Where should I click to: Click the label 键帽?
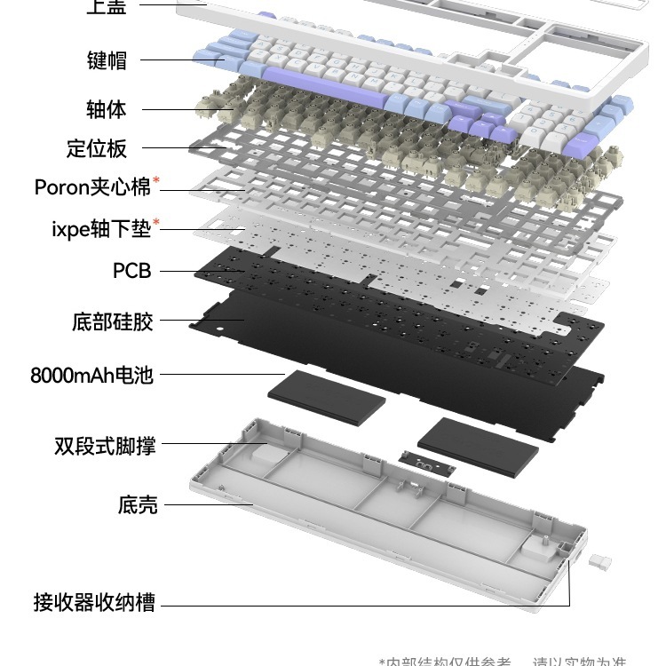pos(107,60)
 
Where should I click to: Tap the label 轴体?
pos(107,109)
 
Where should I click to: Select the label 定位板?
pos(97,147)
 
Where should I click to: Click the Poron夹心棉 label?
pos(92,187)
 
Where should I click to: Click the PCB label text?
pos(131,271)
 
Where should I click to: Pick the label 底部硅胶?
pos(112,321)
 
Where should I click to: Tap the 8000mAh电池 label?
pos(91,375)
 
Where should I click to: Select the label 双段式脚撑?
pos(104,445)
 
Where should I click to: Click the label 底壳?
pos(138,505)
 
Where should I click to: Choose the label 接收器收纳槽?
pos(94,603)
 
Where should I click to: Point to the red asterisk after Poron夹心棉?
pos(157,182)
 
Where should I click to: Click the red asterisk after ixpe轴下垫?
pos(157,223)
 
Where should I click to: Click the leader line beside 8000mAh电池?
pos(222,374)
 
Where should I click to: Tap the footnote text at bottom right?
pos(502,660)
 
